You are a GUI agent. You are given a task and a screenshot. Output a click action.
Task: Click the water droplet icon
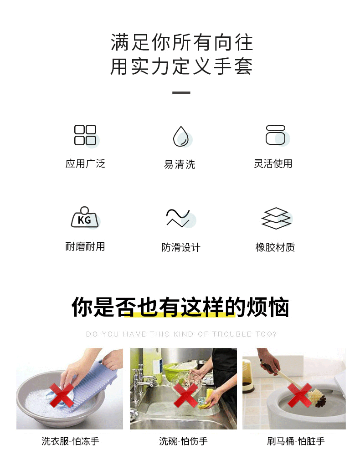pyautogui.click(x=181, y=136)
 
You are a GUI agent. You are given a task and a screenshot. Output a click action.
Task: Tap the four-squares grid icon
pyautogui.click(x=85, y=135)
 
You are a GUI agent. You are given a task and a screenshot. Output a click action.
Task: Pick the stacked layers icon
pyautogui.click(x=276, y=218)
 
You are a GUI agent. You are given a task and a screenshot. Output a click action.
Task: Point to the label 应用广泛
pyautogui.click(x=85, y=163)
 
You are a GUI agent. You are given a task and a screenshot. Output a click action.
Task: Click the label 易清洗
pyautogui.click(x=180, y=164)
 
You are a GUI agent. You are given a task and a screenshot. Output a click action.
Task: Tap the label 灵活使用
pyautogui.click(x=273, y=163)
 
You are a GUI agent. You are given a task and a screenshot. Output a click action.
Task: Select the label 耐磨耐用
pyautogui.click(x=85, y=246)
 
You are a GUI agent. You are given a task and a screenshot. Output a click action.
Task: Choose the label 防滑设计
pyautogui.click(x=180, y=247)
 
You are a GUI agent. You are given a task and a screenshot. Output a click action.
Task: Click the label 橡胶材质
pyautogui.click(x=275, y=247)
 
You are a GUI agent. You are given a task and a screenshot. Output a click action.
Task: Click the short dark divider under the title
pyautogui.click(x=181, y=93)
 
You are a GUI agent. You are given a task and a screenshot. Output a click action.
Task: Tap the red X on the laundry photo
pyautogui.click(x=62, y=394)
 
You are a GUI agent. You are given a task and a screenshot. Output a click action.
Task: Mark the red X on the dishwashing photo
pyautogui.click(x=186, y=395)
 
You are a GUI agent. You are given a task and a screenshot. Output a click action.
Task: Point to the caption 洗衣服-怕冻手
pyautogui.click(x=70, y=441)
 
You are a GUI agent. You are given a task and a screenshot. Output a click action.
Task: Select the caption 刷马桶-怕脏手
pyautogui.click(x=296, y=441)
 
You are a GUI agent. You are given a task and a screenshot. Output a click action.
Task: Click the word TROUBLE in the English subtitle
pyautogui.click(x=231, y=334)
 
